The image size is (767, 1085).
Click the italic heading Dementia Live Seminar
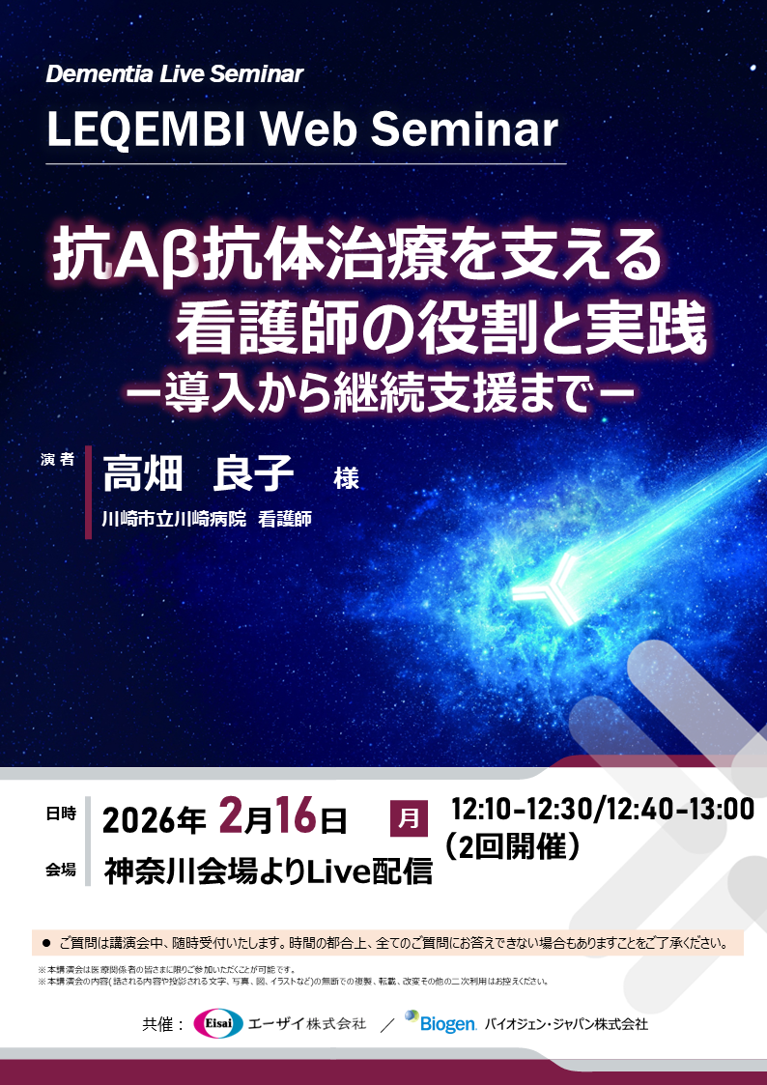pos(174,74)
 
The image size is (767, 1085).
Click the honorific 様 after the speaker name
pos(346,478)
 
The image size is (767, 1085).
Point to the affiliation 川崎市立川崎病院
pos(175,520)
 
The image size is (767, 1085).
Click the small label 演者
pos(58,461)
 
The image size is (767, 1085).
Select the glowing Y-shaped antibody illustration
pos(547,584)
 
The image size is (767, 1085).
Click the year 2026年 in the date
pos(155,820)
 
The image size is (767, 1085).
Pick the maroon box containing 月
pos(409,818)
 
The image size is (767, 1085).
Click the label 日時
pos(60,814)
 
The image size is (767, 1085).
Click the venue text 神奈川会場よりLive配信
pos(268,871)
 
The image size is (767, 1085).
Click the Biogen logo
pos(440,1022)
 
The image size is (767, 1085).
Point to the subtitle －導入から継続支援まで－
pos(378,394)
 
